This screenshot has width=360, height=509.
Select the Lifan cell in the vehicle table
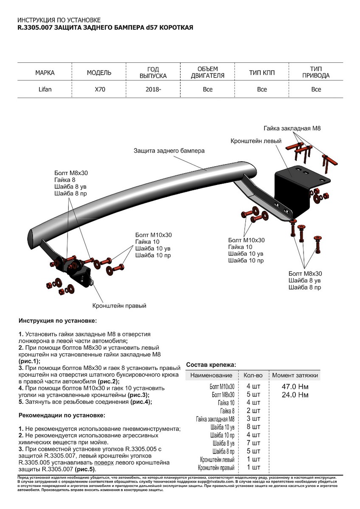(45, 89)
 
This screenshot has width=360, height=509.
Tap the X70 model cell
(99, 89)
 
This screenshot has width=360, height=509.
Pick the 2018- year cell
(153, 89)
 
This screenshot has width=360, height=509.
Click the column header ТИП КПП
(262, 73)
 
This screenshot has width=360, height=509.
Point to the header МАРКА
(45, 73)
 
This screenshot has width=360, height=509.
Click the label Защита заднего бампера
(169, 151)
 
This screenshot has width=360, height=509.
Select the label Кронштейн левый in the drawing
(256, 140)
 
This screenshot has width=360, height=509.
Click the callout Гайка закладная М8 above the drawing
(291, 128)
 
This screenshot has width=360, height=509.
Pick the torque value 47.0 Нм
(295, 387)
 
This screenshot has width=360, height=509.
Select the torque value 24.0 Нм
(295, 395)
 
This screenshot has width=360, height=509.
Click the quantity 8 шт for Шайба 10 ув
(253, 427)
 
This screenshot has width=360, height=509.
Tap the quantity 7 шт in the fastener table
(253, 443)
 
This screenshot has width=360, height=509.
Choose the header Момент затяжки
(295, 375)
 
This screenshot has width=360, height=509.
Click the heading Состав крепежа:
(211, 364)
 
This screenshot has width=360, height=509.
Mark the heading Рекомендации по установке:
(62, 415)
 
